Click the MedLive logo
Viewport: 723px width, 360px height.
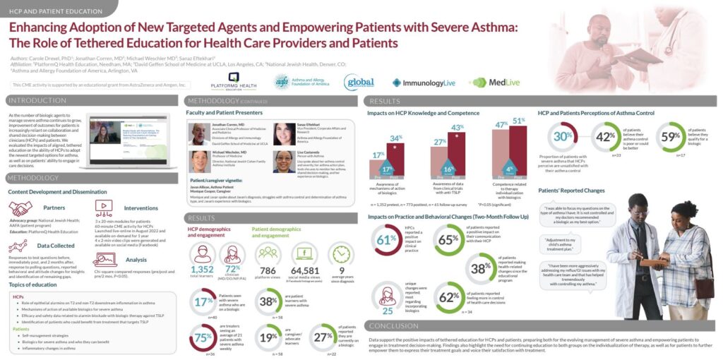click(489, 82)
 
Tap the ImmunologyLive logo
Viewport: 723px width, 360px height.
click(427, 83)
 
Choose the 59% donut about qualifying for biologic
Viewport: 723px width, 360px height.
click(671, 137)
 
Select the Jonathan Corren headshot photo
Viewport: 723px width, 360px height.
click(200, 134)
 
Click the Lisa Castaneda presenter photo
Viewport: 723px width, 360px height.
click(283, 161)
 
